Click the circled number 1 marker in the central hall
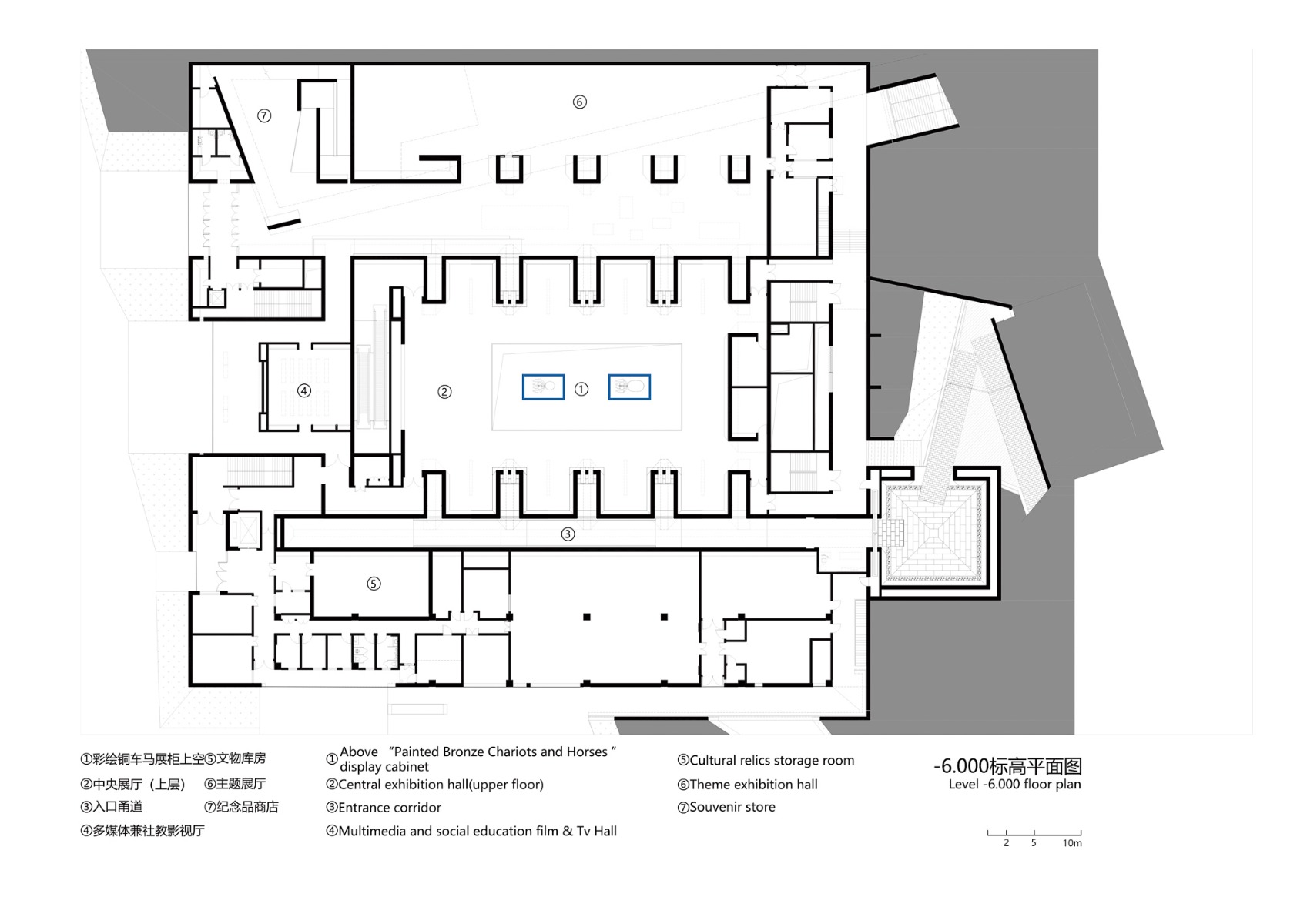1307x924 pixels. click(581, 390)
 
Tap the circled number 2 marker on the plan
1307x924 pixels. click(444, 391)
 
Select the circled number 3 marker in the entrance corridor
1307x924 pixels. click(568, 534)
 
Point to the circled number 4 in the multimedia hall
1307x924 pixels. click(304, 390)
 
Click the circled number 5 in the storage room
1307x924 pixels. click(374, 584)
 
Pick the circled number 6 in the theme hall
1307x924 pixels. click(580, 102)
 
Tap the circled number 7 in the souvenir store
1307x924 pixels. click(264, 115)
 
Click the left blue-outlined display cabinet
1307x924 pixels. click(543, 387)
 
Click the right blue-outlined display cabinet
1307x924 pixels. click(629, 387)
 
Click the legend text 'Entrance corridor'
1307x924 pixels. click(389, 808)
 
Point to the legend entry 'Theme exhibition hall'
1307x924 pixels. click(752, 785)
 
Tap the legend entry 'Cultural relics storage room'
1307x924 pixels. click(771, 761)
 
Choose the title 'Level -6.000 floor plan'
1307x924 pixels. click(1014, 785)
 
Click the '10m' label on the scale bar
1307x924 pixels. click(1072, 843)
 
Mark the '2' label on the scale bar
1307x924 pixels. click(1006, 843)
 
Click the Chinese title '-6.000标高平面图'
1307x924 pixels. click(1007, 766)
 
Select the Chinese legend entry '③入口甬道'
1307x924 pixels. click(112, 807)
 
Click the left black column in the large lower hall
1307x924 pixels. click(587, 617)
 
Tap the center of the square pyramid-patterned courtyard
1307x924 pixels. click(935, 532)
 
